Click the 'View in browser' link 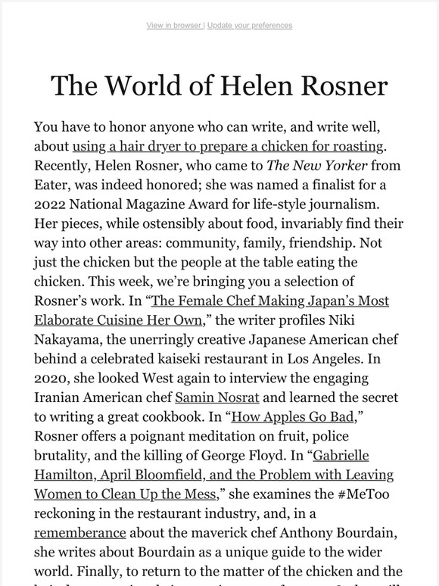[173, 25]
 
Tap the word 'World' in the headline [138, 86]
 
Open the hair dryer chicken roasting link [229, 145]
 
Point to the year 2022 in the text [51, 204]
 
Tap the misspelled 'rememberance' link [80, 532]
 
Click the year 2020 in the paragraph [51, 378]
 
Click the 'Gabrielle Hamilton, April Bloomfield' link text [213, 475]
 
